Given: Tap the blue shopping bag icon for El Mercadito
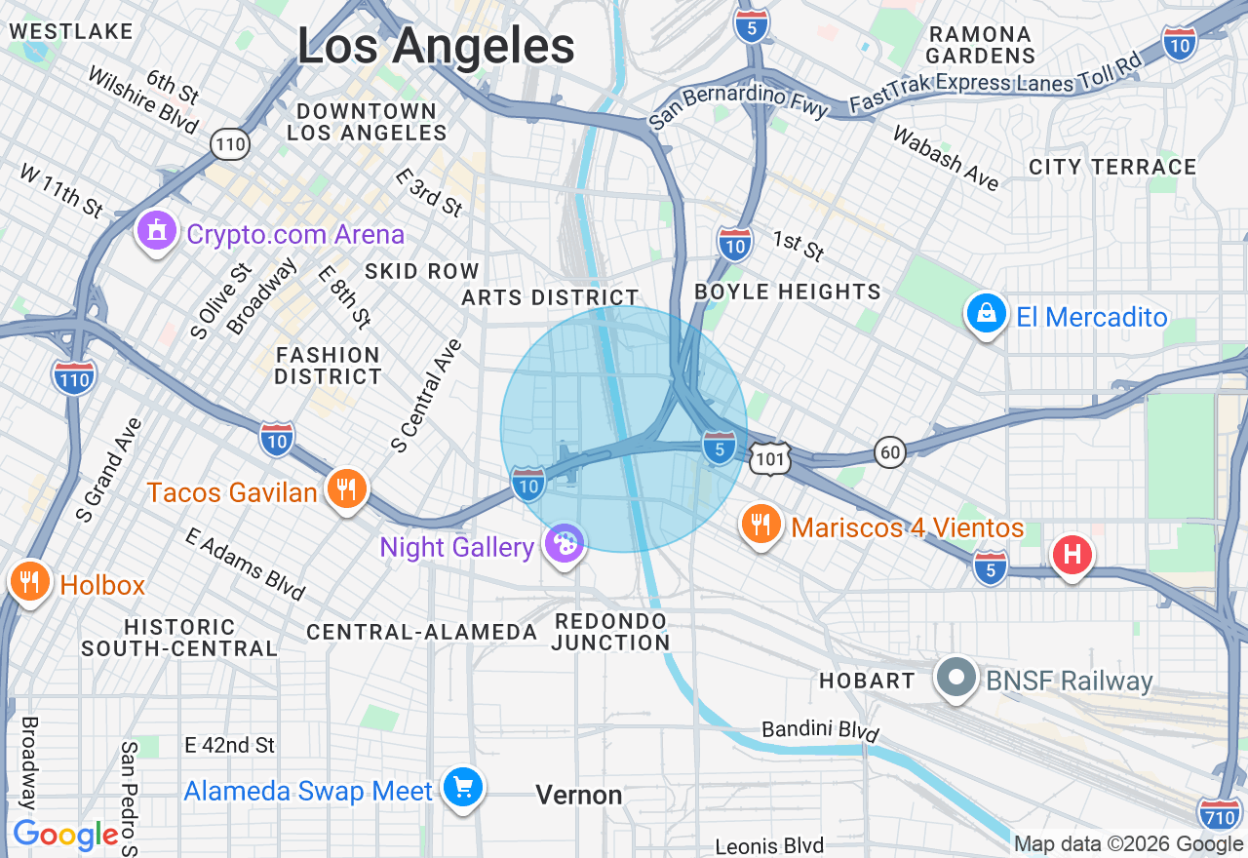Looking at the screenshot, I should click(987, 315).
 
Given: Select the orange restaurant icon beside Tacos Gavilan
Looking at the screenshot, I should click(346, 488).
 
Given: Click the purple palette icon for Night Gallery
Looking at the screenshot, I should click(564, 544).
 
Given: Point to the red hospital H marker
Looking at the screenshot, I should click(1072, 555).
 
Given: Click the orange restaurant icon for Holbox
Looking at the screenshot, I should click(30, 582).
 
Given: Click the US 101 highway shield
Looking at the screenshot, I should click(770, 457).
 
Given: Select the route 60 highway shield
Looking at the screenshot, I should click(889, 451).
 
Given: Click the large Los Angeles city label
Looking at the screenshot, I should click(436, 46).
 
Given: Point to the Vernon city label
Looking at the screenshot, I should click(579, 796).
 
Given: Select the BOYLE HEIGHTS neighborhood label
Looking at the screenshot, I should click(788, 292).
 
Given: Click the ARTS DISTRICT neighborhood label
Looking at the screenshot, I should click(551, 297).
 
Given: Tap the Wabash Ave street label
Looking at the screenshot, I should click(946, 159).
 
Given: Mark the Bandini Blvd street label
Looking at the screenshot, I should click(820, 730).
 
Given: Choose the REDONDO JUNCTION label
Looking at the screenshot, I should click(611, 632).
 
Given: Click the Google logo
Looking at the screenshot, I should click(65, 836).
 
